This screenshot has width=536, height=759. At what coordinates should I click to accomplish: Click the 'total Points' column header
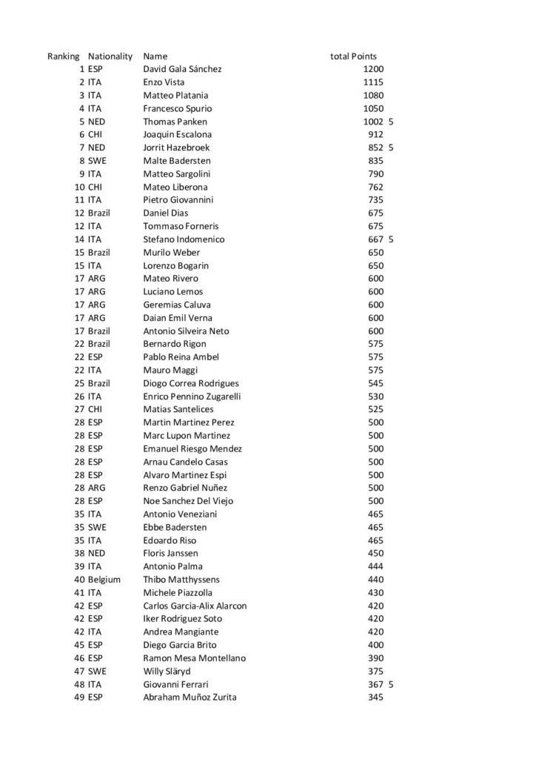pyautogui.click(x=353, y=56)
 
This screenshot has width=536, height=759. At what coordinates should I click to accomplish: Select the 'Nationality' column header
pyautogui.click(x=110, y=56)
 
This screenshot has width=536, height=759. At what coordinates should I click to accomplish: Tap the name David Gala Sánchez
pyautogui.click(x=182, y=69)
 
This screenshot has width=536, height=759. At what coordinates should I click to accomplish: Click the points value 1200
pyautogui.click(x=373, y=69)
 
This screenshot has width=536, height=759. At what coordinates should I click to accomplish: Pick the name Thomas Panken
pyautogui.click(x=175, y=122)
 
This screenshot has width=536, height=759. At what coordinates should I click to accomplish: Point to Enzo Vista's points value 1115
pyautogui.click(x=373, y=82)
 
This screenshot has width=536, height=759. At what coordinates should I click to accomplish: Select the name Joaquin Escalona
pyautogui.click(x=177, y=134)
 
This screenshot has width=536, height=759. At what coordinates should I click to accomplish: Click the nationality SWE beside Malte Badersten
pyautogui.click(x=97, y=161)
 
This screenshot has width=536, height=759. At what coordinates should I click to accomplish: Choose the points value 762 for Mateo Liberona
pyautogui.click(x=375, y=187)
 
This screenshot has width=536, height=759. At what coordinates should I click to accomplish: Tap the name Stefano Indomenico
pyautogui.click(x=184, y=239)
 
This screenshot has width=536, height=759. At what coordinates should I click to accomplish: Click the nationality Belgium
pyautogui.click(x=104, y=579)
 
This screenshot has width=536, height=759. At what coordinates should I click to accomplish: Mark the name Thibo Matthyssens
pyautogui.click(x=181, y=579)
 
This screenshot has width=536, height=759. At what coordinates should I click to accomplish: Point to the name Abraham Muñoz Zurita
pyautogui.click(x=190, y=697)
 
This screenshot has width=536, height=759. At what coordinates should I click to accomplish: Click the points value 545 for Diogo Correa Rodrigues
pyautogui.click(x=375, y=383)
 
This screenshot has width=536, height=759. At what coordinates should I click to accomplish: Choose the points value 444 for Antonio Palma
pyautogui.click(x=375, y=566)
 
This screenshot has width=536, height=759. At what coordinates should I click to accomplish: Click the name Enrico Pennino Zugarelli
pyautogui.click(x=192, y=397)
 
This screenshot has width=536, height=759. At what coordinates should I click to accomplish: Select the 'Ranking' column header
pyautogui.click(x=63, y=56)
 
